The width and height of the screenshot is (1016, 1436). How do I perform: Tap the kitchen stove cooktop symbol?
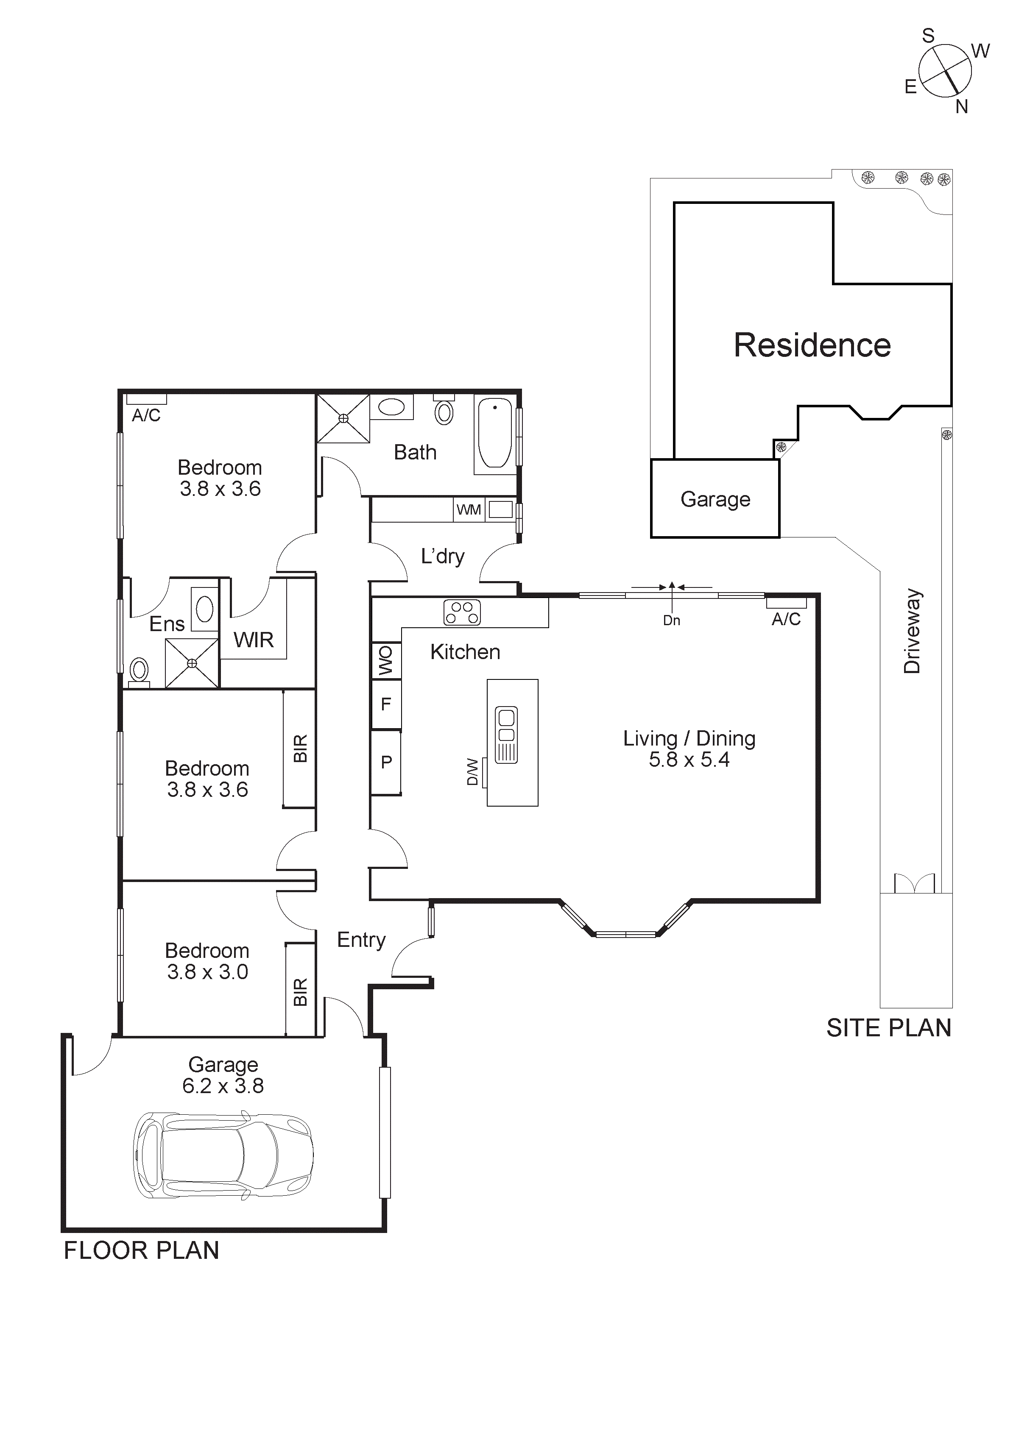462,612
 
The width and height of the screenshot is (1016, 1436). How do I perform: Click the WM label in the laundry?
469,510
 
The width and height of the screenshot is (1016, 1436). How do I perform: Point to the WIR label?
254,640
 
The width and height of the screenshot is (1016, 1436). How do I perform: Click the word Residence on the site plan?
812,345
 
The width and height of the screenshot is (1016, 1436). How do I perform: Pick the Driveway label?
912,631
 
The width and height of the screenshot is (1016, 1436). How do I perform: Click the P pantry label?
386,762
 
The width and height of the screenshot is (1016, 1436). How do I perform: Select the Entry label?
361,939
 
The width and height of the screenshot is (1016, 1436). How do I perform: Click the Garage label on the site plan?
715,499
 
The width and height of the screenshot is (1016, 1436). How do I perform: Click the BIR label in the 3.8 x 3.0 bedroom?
300,992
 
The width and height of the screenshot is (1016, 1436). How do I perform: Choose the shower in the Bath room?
343,418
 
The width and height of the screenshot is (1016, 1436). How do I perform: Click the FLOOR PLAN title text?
141,1251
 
